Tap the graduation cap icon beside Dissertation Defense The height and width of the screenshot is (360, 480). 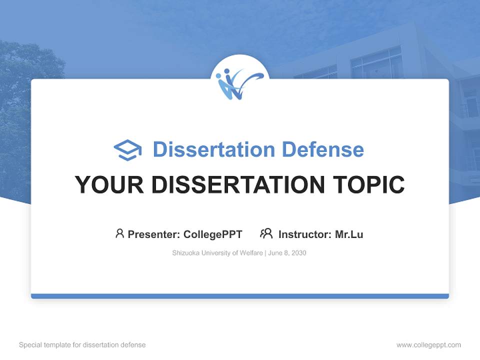click(127, 150)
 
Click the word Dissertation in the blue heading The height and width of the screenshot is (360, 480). click(213, 149)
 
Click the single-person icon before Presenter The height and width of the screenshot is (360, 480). click(119, 233)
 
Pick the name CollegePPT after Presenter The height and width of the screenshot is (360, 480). click(212, 234)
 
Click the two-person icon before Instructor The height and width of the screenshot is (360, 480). click(266, 233)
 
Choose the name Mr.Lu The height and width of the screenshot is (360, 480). click(349, 234)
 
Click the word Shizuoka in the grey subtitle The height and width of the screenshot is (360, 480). click(185, 253)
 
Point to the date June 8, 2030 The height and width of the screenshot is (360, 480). click(287, 253)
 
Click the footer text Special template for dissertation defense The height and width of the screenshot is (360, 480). click(82, 345)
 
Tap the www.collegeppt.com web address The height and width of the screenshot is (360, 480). click(428, 345)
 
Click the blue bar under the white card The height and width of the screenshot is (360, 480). click(240, 296)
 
